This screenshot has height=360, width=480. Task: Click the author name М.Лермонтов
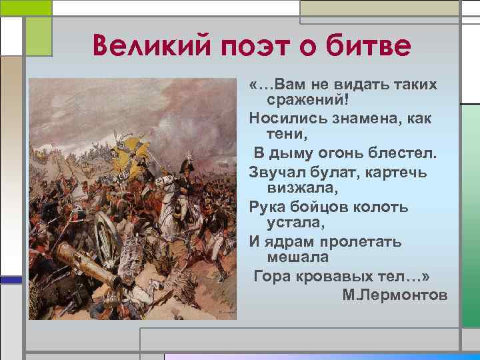coord(395,295)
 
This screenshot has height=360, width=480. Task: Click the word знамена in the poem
coord(366,119)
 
